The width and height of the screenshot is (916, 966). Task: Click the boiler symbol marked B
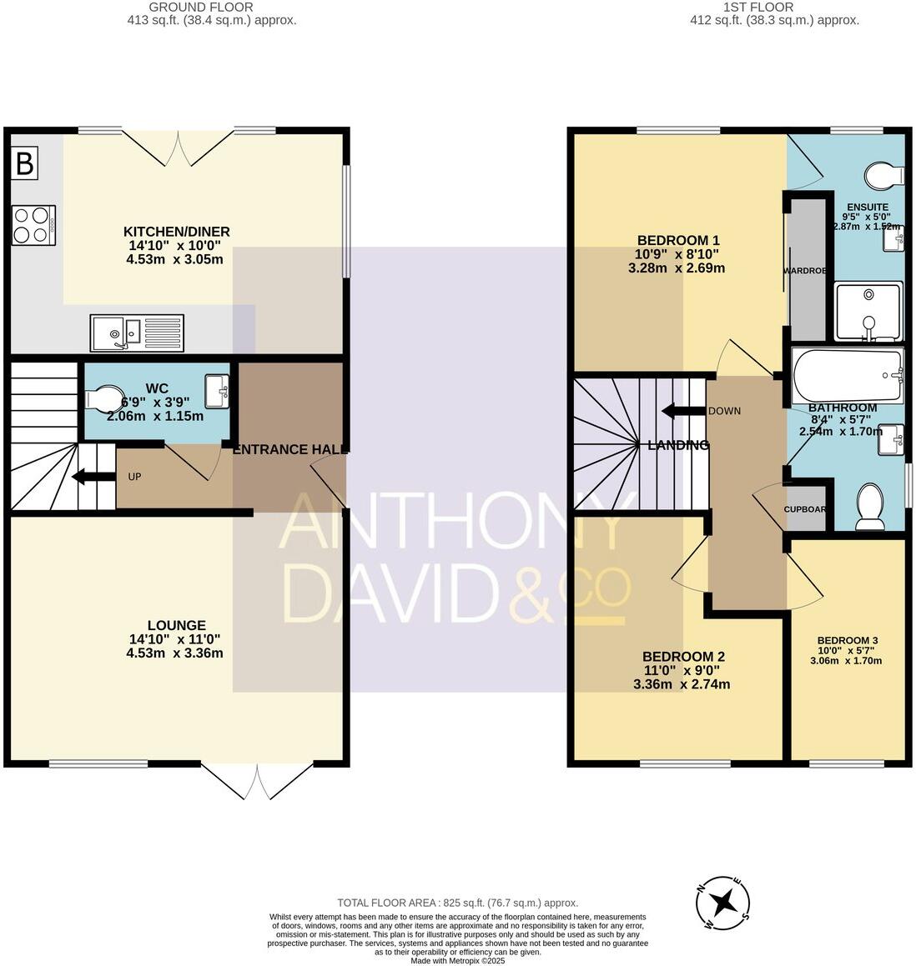pyautogui.click(x=25, y=164)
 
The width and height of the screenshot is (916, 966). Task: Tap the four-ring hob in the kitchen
pyautogui.click(x=33, y=225)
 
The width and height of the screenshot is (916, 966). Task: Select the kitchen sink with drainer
pyautogui.click(x=137, y=333)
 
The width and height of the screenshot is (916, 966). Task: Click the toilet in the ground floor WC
pyautogui.click(x=104, y=398)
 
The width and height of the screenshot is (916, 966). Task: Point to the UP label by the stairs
pyautogui.click(x=134, y=478)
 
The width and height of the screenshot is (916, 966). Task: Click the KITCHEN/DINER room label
pyautogui.click(x=176, y=232)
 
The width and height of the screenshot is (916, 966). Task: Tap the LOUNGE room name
pyautogui.click(x=176, y=625)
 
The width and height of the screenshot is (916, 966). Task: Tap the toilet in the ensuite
pyautogui.click(x=884, y=176)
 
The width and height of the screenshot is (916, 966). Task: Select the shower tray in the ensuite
pyautogui.click(x=868, y=313)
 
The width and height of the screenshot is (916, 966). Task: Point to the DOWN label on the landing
pyautogui.click(x=724, y=411)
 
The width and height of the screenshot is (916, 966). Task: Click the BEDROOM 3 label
pyautogui.click(x=848, y=640)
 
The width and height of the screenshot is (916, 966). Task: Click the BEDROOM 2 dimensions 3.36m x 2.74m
pyautogui.click(x=682, y=684)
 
